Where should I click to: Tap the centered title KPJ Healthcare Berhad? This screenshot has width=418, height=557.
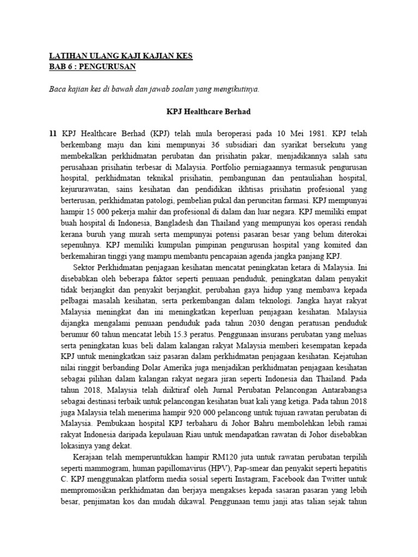[x=208, y=111]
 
